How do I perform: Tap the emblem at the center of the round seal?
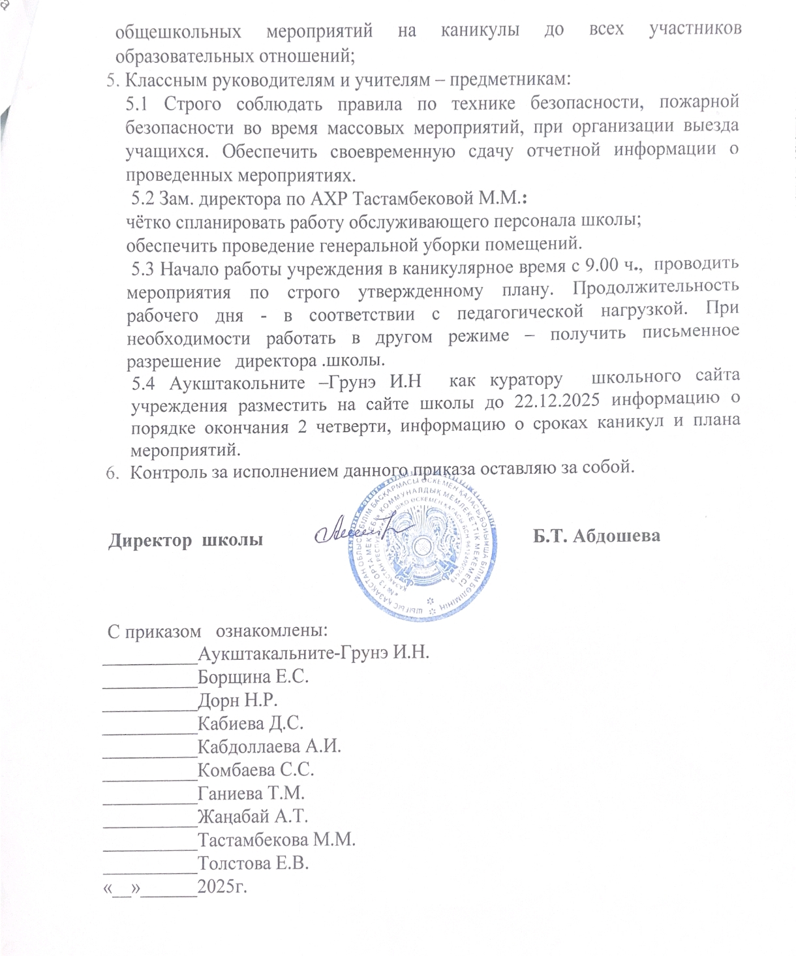pyautogui.click(x=424, y=543)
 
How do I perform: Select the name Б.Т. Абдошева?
pyautogui.click(x=596, y=536)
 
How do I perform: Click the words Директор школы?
pyautogui.click(x=185, y=540)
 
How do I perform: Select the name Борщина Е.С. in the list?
pyautogui.click(x=253, y=677)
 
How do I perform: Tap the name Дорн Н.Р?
pyautogui.click(x=237, y=700)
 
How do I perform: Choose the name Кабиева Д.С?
pyautogui.click(x=251, y=723)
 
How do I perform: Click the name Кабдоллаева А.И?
pyautogui.click(x=269, y=747)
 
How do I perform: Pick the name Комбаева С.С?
pyautogui.click(x=256, y=770)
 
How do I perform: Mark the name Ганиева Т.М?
pyautogui.click(x=251, y=794)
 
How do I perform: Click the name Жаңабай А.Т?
pyautogui.click(x=253, y=816)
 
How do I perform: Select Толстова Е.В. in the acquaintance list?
pyautogui.click(x=253, y=863)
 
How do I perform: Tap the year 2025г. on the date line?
pyautogui.click(x=222, y=887)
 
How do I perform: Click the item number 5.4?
pyautogui.click(x=144, y=382)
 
